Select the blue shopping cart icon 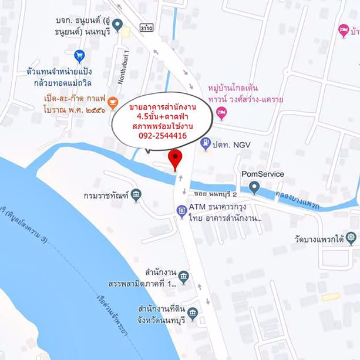pyautogui.click(x=80, y=55)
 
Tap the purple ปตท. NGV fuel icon pyautogui.click(x=206, y=142)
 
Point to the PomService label pyautogui.click(x=263, y=174)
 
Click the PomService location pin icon pyautogui.click(x=254, y=187)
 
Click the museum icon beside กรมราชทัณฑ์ pyautogui.click(x=136, y=194)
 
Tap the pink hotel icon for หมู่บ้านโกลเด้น pyautogui.click(x=221, y=113)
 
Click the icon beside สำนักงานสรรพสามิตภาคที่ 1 pyautogui.click(x=183, y=276)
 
